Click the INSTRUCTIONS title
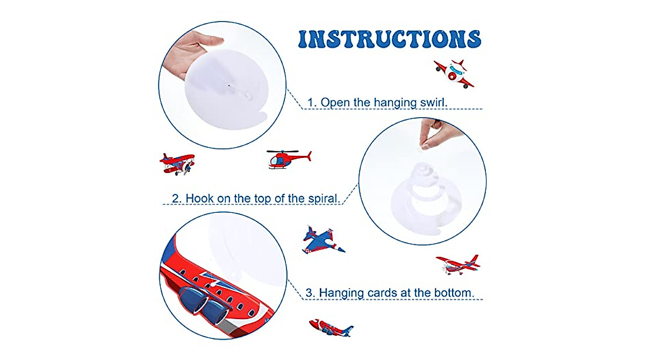[x=390, y=39]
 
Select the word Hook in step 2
[x=199, y=198]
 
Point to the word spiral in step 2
[x=321, y=198]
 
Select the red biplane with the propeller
[x=177, y=163]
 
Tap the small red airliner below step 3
[x=331, y=327]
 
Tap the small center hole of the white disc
[x=230, y=85]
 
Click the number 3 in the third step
[x=309, y=293]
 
